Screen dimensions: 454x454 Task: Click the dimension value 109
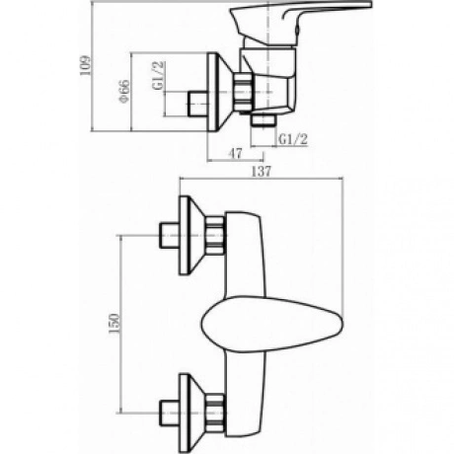coord(85,65)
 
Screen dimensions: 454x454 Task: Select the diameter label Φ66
coord(124,91)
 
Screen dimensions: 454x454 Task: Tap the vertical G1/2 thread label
coord(158,75)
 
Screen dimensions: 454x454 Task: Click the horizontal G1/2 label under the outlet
coord(293,139)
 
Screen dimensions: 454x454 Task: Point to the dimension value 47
coord(235,153)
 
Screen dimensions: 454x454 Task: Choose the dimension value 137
coord(262,172)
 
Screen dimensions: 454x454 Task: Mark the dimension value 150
coord(114,324)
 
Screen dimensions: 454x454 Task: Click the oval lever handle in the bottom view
coord(271,324)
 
